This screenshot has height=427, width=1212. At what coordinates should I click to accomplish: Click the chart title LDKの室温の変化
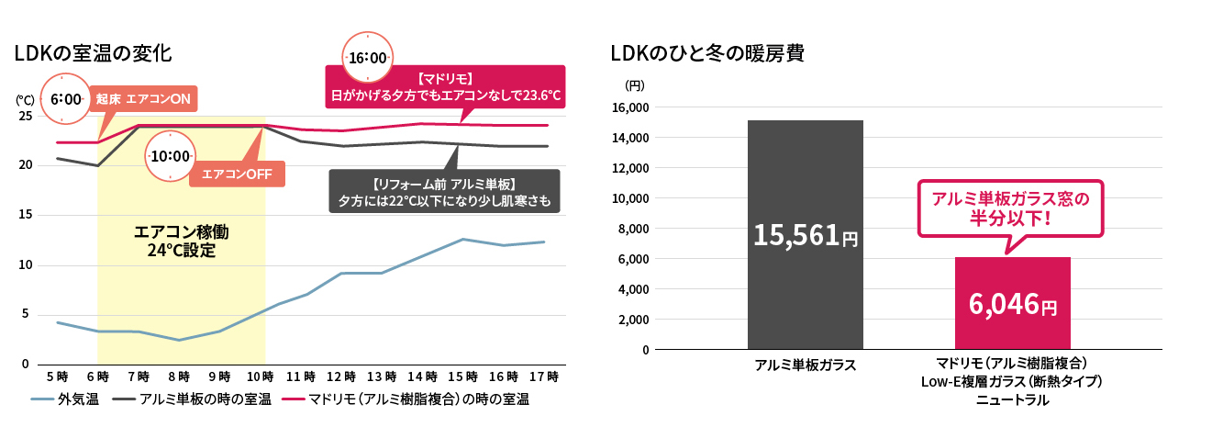(x=93, y=53)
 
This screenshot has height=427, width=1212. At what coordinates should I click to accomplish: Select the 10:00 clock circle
(x=170, y=156)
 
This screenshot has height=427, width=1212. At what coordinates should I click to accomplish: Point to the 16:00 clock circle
(x=366, y=58)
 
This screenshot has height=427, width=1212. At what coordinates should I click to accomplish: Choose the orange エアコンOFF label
(x=236, y=174)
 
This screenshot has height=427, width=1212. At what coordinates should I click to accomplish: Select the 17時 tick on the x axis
(x=544, y=376)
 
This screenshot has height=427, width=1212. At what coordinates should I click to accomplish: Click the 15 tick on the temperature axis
(x=25, y=215)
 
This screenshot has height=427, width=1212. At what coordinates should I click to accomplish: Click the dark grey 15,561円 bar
(x=805, y=235)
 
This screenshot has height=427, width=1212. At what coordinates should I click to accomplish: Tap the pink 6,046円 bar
(x=1012, y=303)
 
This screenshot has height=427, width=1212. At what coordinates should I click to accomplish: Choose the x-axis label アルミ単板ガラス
(x=805, y=365)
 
